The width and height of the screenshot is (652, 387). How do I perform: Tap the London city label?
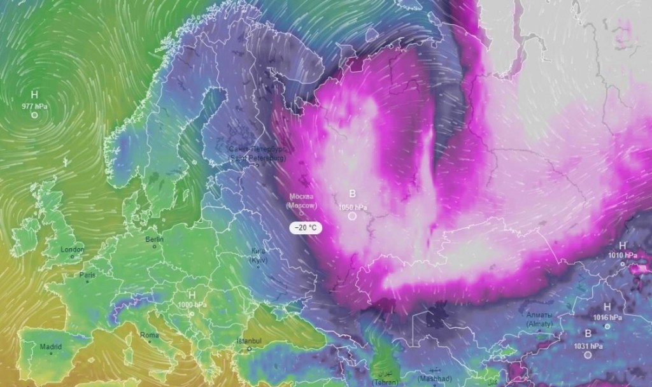pos(72,250)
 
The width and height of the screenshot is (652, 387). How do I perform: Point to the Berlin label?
pos(155,239)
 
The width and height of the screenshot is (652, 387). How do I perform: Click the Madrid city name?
pos(50,347)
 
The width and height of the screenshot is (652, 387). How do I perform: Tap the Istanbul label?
pos(250,342)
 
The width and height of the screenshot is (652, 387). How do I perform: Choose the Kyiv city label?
pos(259,256)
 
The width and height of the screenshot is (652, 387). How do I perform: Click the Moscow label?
pos(301,201)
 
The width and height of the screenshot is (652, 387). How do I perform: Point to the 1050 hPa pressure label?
pos(352,207)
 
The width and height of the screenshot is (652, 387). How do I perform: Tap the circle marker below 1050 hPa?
pos(352,216)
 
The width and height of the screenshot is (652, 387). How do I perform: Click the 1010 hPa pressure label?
pos(623,255)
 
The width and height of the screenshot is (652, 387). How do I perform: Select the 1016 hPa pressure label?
pos(607,317)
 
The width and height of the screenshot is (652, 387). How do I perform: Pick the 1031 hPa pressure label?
pos(588,346)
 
